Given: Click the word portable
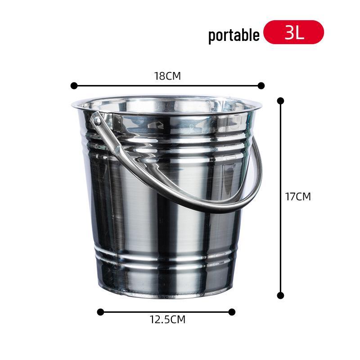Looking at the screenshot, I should (x=234, y=35).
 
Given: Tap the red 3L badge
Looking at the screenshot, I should (x=294, y=32).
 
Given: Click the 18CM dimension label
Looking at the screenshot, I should (x=167, y=76).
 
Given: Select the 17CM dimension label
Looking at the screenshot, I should (x=298, y=197).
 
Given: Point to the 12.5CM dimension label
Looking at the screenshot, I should (x=167, y=320).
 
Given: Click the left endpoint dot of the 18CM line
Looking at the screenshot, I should (x=74, y=85).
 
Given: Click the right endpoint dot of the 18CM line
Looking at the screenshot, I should (x=261, y=85).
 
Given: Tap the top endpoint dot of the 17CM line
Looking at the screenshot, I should (x=281, y=101).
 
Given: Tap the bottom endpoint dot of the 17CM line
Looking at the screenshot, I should (x=281, y=296).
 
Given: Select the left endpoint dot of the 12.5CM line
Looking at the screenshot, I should (x=100, y=312).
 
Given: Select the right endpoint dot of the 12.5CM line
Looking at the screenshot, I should (x=232, y=312).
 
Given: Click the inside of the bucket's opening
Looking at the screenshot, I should (x=166, y=106).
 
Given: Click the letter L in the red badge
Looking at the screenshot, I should (x=300, y=32).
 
